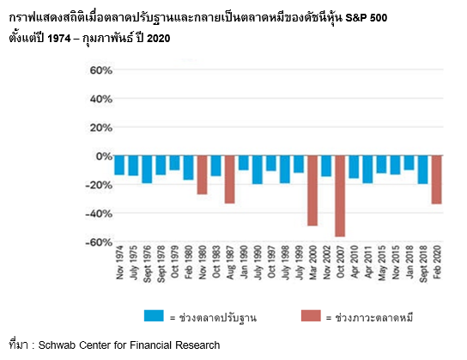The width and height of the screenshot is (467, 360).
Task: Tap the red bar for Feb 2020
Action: (x=436, y=180)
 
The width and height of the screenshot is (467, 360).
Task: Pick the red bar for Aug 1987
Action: (x=230, y=180)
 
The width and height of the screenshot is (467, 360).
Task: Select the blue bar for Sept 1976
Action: (x=147, y=169)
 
